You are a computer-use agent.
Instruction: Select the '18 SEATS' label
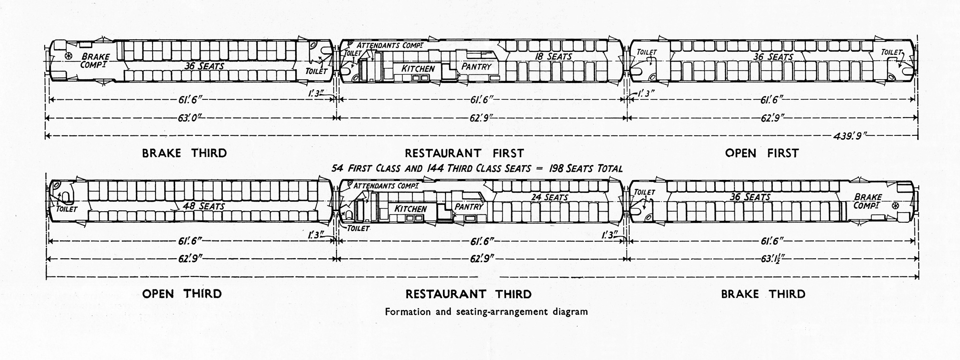click(553, 57)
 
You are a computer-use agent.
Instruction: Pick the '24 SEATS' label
click(550, 197)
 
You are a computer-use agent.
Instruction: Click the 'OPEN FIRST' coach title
click(762, 153)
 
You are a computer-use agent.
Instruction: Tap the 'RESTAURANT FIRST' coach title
click(464, 153)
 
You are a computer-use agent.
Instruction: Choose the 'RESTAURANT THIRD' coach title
click(468, 294)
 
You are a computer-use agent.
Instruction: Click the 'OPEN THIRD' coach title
click(182, 294)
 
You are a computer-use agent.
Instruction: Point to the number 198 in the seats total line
click(543, 168)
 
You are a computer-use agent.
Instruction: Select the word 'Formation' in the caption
click(404, 312)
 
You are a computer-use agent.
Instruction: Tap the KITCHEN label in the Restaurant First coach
click(418, 69)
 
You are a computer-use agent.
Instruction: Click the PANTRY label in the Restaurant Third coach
click(468, 207)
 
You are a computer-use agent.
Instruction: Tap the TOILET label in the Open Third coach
click(67, 209)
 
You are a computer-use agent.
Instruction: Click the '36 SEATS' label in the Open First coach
click(773, 57)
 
